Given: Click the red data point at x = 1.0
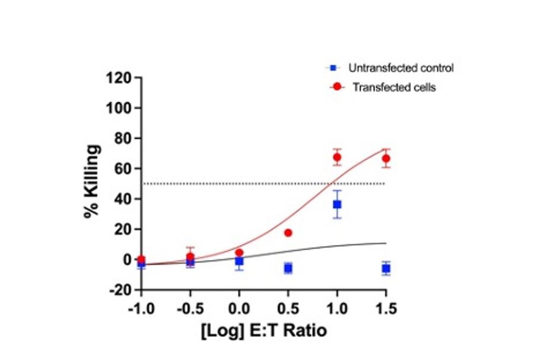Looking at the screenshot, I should click(337, 157).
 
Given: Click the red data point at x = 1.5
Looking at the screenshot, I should click(386, 158).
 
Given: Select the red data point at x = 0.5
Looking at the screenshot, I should click(288, 232).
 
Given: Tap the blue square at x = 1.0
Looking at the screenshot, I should click(337, 204).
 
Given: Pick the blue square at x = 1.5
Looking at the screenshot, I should click(386, 269).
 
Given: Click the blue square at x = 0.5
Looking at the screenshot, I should click(288, 269).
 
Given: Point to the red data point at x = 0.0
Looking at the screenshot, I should click(239, 253).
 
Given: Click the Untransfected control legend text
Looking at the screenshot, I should click(401, 68).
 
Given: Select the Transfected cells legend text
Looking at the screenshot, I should click(394, 87).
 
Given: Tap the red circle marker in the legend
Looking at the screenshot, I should click(337, 87).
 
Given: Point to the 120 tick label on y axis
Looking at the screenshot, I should click(118, 78).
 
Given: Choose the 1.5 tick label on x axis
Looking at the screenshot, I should click(386, 309).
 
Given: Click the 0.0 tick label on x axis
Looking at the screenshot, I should click(239, 309).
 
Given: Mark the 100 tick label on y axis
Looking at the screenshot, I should click(118, 108).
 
